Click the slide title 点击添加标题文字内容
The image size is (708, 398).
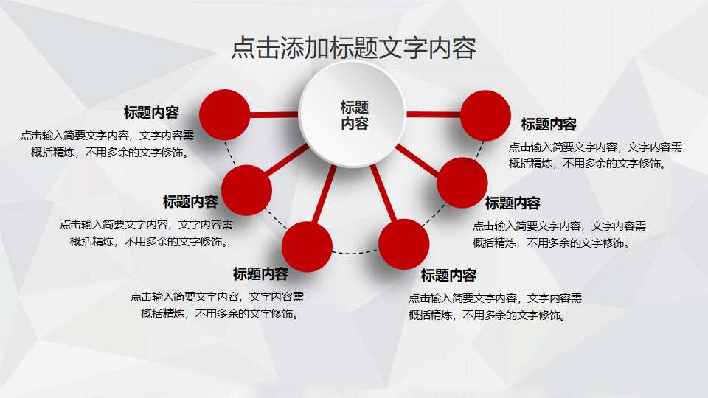[354, 48]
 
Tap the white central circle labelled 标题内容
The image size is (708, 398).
[354, 114]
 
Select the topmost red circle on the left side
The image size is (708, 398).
[226, 114]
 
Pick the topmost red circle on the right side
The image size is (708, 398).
[485, 115]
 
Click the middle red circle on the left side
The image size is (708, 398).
[246, 190]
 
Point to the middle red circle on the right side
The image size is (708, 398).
[462, 183]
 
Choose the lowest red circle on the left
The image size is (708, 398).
[307, 246]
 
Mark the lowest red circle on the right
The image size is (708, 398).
[404, 243]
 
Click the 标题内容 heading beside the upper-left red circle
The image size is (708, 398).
[151, 113]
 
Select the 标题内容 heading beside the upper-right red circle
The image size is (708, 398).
[549, 124]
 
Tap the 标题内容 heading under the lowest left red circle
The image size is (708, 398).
[260, 274]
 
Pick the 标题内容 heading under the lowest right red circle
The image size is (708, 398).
[448, 276]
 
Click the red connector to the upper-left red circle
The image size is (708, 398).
[274, 114]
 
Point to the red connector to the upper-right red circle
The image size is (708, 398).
[434, 114]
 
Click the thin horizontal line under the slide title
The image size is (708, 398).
[354, 66]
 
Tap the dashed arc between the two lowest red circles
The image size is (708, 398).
[355, 254]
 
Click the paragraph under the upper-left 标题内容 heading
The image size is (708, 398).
[108, 144]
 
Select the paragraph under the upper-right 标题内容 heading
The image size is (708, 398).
[595, 155]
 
